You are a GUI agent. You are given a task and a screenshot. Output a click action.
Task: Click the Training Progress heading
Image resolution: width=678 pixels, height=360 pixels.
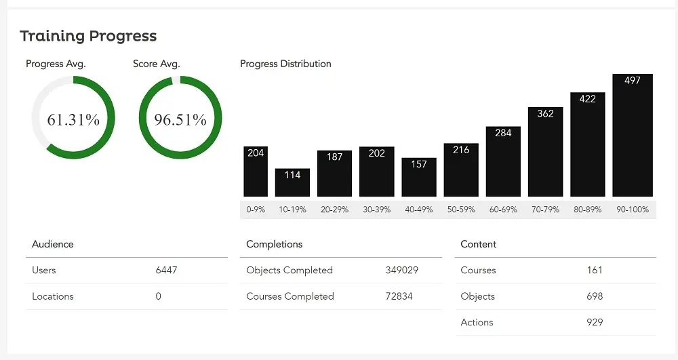coord(88,36)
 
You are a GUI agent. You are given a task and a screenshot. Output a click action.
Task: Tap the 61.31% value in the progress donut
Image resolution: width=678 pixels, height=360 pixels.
coord(73,120)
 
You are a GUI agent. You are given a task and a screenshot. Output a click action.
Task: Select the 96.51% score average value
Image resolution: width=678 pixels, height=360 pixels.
coord(180,120)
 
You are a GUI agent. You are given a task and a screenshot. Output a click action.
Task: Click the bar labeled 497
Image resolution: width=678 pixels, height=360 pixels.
coord(632,136)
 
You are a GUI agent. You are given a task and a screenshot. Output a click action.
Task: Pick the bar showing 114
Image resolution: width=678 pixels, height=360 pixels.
coord(292,182)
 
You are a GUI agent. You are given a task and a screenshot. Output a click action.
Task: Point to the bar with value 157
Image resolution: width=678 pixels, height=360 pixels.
coord(419,177)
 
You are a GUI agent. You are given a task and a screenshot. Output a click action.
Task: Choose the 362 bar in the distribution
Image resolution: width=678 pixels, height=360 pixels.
coord(545,152)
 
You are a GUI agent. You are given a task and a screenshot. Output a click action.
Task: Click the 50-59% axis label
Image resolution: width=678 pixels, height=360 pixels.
coord(461,209)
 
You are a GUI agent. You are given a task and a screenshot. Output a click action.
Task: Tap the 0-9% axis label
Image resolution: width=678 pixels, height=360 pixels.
coord(256,209)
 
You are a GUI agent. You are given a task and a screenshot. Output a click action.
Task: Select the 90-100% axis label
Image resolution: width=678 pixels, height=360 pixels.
coord(632,209)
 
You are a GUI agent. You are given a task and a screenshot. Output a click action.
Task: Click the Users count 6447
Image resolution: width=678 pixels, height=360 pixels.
coord(166,270)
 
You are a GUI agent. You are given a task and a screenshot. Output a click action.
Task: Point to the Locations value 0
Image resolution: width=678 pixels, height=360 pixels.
coord(159,296)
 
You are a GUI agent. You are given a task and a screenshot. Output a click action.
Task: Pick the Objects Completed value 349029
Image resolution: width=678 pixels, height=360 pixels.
coord(401,270)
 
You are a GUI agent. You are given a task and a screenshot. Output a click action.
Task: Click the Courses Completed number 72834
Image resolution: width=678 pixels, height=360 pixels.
coord(399,296)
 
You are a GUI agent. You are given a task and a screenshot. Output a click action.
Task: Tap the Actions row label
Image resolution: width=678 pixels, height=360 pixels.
coord(477,322)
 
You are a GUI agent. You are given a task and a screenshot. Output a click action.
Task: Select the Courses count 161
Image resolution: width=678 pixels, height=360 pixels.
coord(595,270)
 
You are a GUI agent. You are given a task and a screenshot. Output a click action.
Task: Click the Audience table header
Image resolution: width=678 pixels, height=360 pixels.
coord(53,244)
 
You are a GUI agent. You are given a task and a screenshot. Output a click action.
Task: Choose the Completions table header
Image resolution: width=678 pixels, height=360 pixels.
coord(274,244)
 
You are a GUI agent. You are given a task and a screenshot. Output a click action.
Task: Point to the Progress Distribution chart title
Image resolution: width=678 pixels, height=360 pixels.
coord(285,64)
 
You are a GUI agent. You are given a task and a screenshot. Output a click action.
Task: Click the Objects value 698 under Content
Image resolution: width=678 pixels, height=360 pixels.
coord(595,296)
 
